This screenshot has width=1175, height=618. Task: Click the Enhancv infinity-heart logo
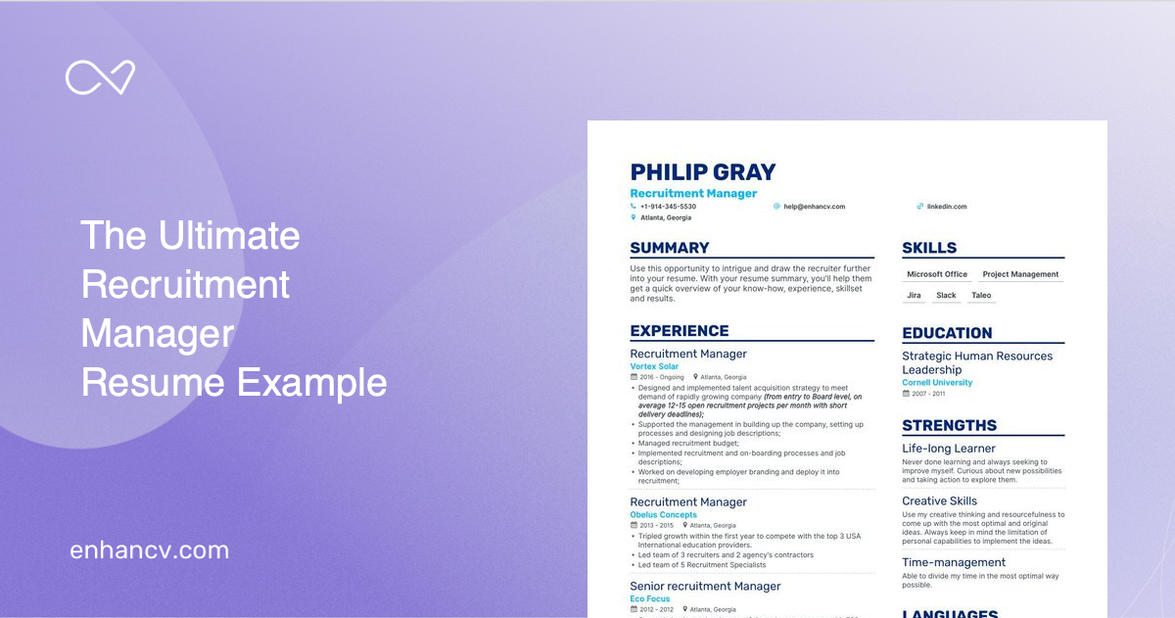pos(100,77)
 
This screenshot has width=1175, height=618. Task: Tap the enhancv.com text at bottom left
pos(150,550)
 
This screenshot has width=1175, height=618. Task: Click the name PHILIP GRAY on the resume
pos(702,172)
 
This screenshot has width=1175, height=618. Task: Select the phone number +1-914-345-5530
pos(668,207)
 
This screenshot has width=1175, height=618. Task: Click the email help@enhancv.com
pos(814,207)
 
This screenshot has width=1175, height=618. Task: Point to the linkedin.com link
pos(947,207)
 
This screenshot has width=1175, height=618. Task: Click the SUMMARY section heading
pos(670,248)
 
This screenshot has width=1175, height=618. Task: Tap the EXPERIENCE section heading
pos(680,331)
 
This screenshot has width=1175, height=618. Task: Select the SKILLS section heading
pos(929,248)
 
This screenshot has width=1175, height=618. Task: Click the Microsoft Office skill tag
pos(937,274)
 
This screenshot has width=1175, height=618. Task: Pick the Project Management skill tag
pos(1020,274)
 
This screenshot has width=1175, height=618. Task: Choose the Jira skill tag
pos(914,295)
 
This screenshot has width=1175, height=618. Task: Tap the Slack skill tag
pos(946,295)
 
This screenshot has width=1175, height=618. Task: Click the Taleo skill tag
pos(981,295)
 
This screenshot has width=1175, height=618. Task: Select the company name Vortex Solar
pos(654,366)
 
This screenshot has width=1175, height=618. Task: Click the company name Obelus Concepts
pos(664,514)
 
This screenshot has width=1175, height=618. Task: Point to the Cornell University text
pos(937,383)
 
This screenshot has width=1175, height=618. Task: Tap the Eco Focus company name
pos(650,598)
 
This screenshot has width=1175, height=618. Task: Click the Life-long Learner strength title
pos(949,449)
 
